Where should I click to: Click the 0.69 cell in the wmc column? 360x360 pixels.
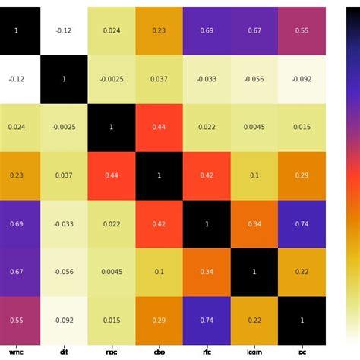(16, 224)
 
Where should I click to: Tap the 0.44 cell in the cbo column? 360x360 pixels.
(159, 126)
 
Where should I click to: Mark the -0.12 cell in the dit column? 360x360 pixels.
(64, 30)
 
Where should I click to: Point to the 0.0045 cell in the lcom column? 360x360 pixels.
(254, 126)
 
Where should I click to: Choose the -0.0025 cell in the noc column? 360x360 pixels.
(111, 78)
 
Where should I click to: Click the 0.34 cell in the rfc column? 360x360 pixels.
(206, 273)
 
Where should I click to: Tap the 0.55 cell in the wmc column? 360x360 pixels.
(16, 321)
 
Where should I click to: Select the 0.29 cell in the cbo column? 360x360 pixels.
(159, 321)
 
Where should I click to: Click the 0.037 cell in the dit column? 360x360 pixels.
(64, 175)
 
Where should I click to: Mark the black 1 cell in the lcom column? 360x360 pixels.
(254, 273)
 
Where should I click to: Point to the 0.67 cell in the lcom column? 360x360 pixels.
(254, 30)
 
